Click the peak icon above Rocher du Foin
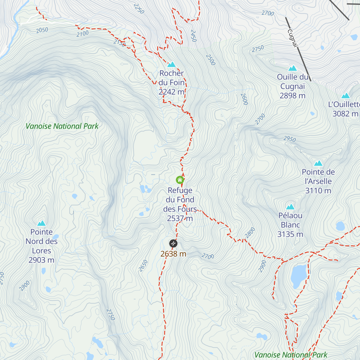tap(171, 64)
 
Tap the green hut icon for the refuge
tap(180, 180)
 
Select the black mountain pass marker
tap(173, 243)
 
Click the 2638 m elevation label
tap(173, 254)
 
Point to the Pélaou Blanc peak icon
tap(290, 207)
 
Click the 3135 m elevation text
tap(290, 234)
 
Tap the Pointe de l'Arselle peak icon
tap(318, 163)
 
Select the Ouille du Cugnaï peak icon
tap(292, 68)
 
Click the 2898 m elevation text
tap(292, 96)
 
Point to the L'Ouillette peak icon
tap(346, 96)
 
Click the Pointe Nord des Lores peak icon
tap(41, 223)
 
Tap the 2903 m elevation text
tap(41, 260)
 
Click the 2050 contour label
tap(42, 30)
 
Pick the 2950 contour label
tap(290, 139)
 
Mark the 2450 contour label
tap(193, 36)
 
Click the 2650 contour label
tap(143, 266)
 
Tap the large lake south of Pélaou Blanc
tap(299, 275)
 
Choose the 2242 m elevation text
tap(172, 92)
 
